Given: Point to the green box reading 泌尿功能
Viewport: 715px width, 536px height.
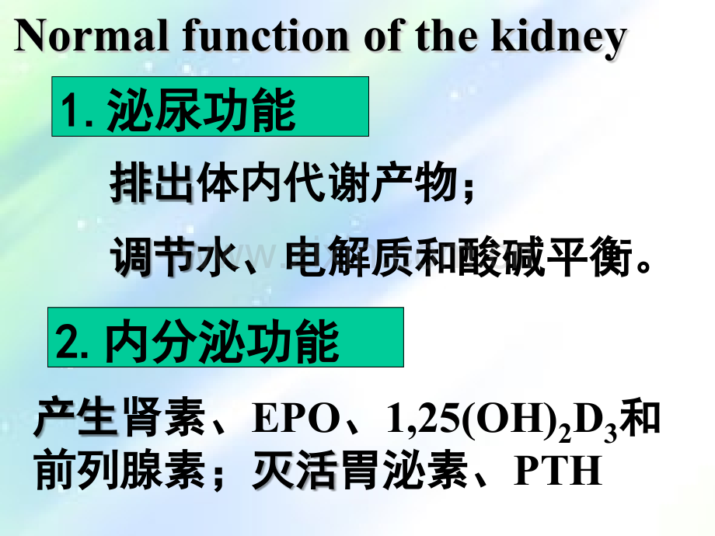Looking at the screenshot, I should [210, 106].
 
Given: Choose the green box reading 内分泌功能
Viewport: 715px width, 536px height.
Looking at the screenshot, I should [225, 337].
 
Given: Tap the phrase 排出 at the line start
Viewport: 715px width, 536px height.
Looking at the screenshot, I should [152, 184].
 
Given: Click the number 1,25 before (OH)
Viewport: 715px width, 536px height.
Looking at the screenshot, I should [417, 419].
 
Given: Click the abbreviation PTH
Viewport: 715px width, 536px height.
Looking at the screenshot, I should [558, 471].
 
